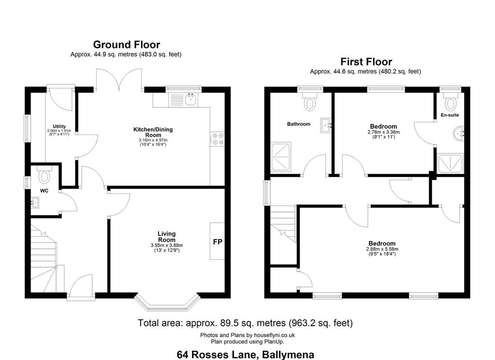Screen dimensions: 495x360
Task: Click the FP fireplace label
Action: (x=218, y=242)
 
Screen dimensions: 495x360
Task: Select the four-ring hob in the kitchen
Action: (x=217, y=139)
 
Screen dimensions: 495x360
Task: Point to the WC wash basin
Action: (x=34, y=202)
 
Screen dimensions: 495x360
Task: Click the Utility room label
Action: (x=59, y=126)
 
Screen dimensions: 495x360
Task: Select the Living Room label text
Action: (x=167, y=237)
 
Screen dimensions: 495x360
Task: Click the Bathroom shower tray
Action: (x=281, y=157)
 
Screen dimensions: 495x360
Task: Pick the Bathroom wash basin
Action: (x=326, y=125)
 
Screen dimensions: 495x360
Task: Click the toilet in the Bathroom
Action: (x=310, y=101)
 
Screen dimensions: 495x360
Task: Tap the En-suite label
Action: (x=450, y=115)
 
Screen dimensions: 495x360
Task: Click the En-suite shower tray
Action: (x=451, y=164)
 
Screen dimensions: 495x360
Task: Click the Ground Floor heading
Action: (x=127, y=45)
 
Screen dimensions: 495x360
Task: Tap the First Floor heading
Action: (x=366, y=61)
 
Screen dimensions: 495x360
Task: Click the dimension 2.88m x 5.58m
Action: (x=382, y=249)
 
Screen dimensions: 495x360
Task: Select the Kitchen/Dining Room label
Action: (x=153, y=132)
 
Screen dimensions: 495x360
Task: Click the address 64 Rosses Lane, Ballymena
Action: (x=245, y=355)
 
